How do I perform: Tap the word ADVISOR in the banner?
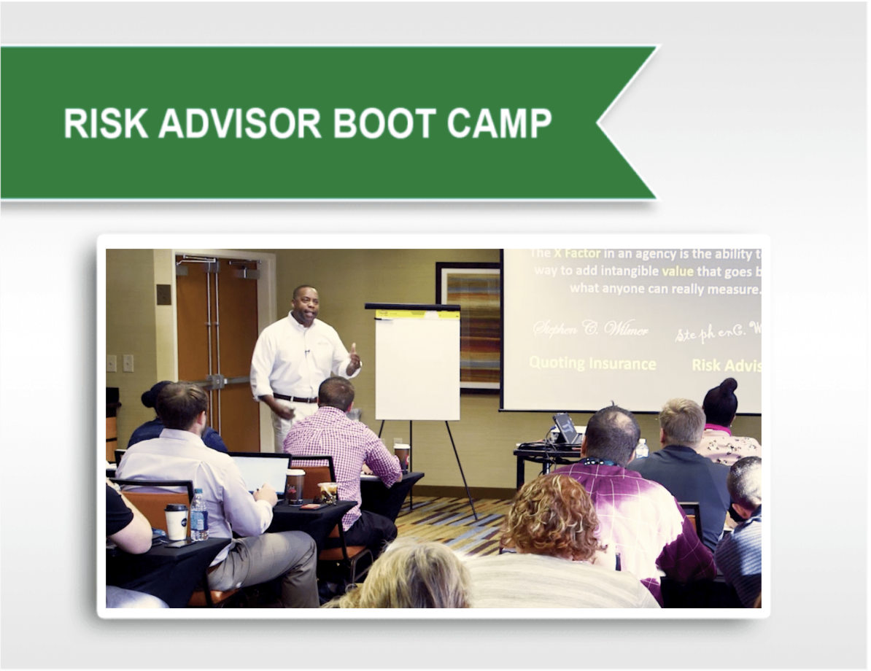240,123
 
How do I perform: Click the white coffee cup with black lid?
176,521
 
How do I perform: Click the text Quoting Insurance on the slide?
592,363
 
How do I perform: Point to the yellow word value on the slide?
678,271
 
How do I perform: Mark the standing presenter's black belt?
295,397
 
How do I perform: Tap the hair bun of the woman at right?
728,387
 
